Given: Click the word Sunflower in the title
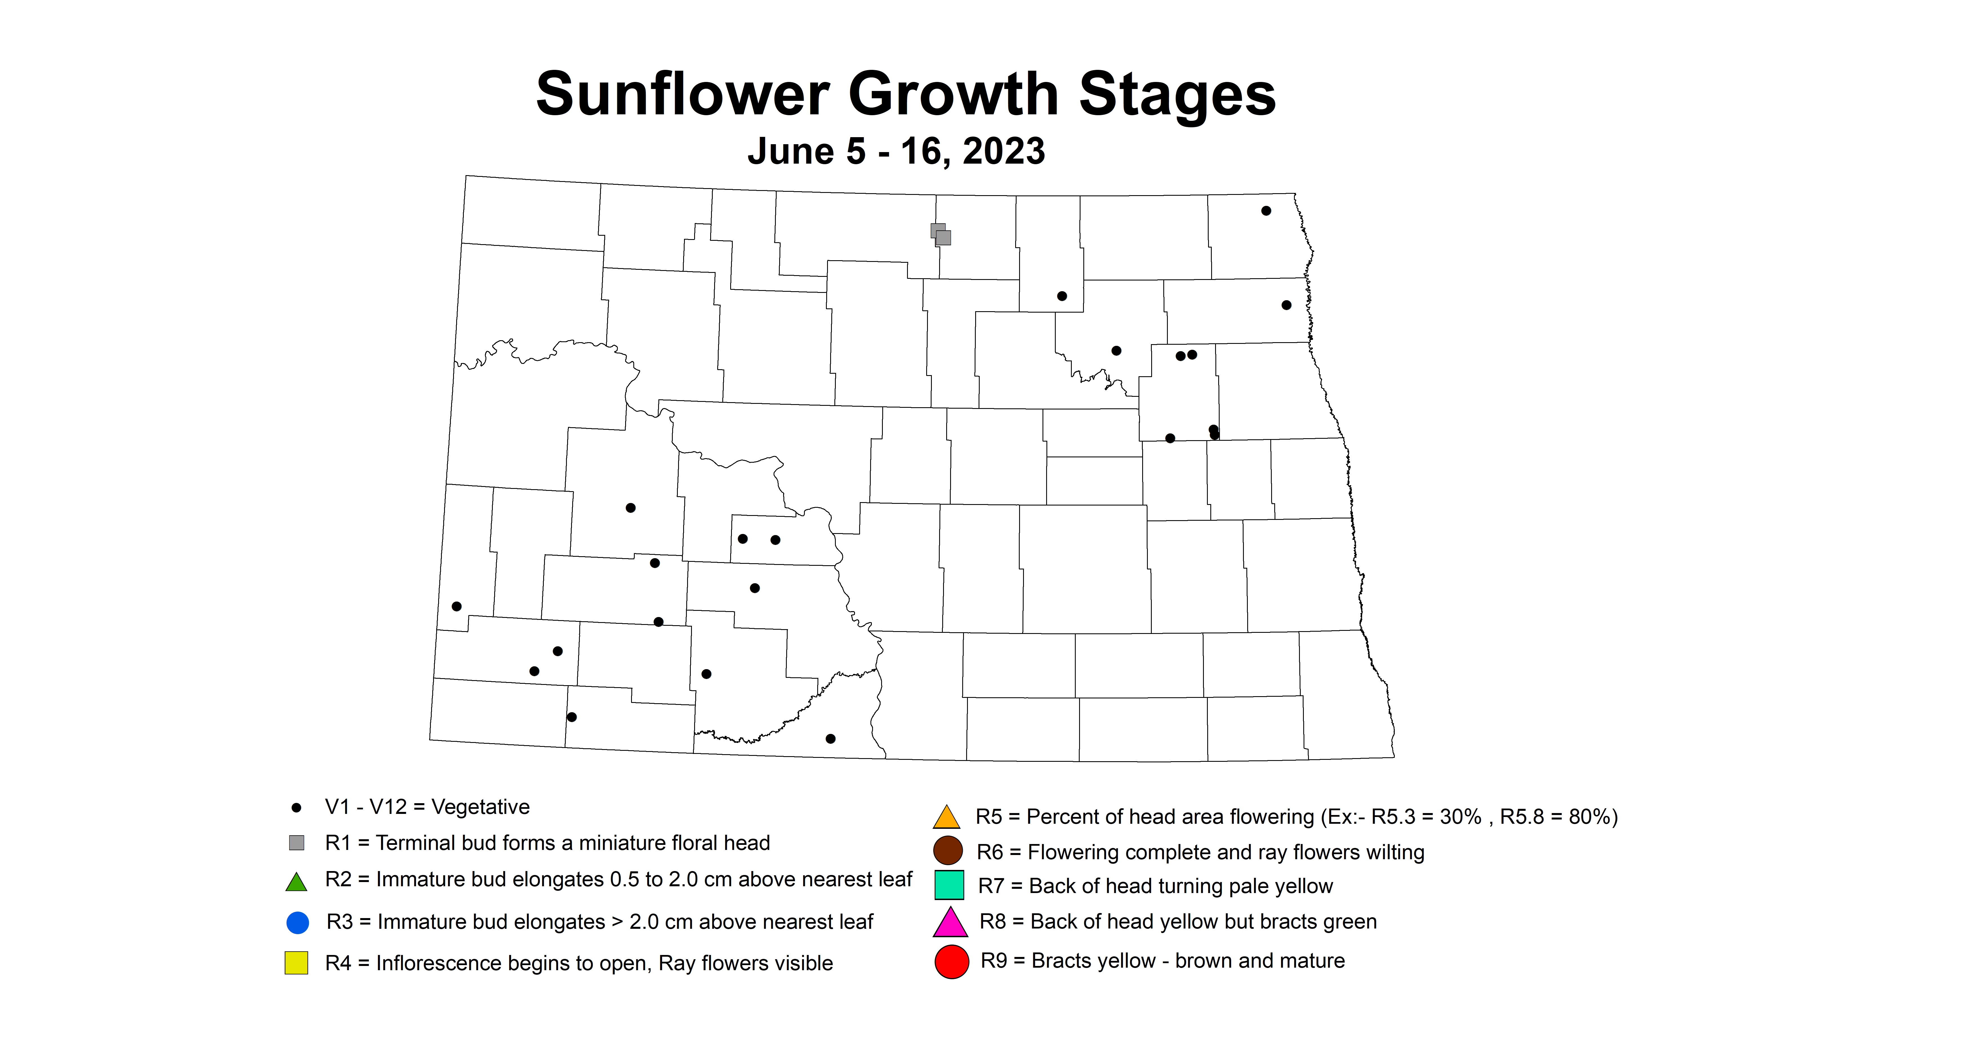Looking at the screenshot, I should (x=683, y=94).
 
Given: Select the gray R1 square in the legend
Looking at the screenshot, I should (x=296, y=842).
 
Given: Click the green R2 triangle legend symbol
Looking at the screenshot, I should (x=296, y=881).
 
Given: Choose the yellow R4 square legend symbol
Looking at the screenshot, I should (x=296, y=963).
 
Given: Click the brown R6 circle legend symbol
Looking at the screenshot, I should (x=948, y=851).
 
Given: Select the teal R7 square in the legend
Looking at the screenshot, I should (x=950, y=885).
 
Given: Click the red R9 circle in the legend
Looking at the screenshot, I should (x=952, y=961).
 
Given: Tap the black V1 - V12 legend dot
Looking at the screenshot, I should (x=296, y=807).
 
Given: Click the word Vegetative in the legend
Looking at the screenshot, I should (x=480, y=807).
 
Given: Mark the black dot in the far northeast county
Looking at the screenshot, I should (x=1266, y=211).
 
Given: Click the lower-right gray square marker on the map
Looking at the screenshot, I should (x=943, y=238).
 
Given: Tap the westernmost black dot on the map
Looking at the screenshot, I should (x=457, y=606).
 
